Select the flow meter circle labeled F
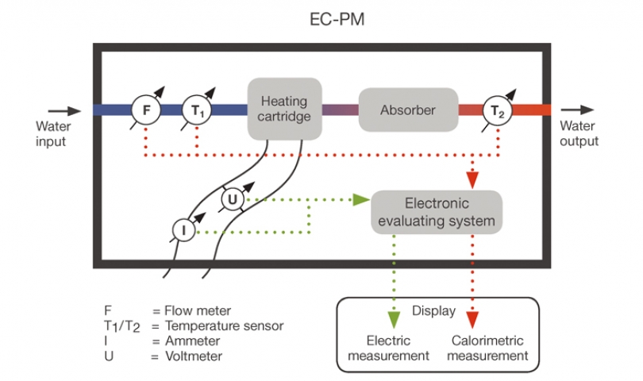pos(145,110)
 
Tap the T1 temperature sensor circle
pos(197,110)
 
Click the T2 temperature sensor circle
pos(497,110)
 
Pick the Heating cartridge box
pos(284,110)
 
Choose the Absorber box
pos(408,110)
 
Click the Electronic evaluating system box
pos(437,212)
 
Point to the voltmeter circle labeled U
pos(232,198)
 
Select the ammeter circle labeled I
pos(183,230)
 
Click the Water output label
pos(579,133)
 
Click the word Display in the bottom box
pos(433,310)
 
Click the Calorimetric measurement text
pos(487,348)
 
